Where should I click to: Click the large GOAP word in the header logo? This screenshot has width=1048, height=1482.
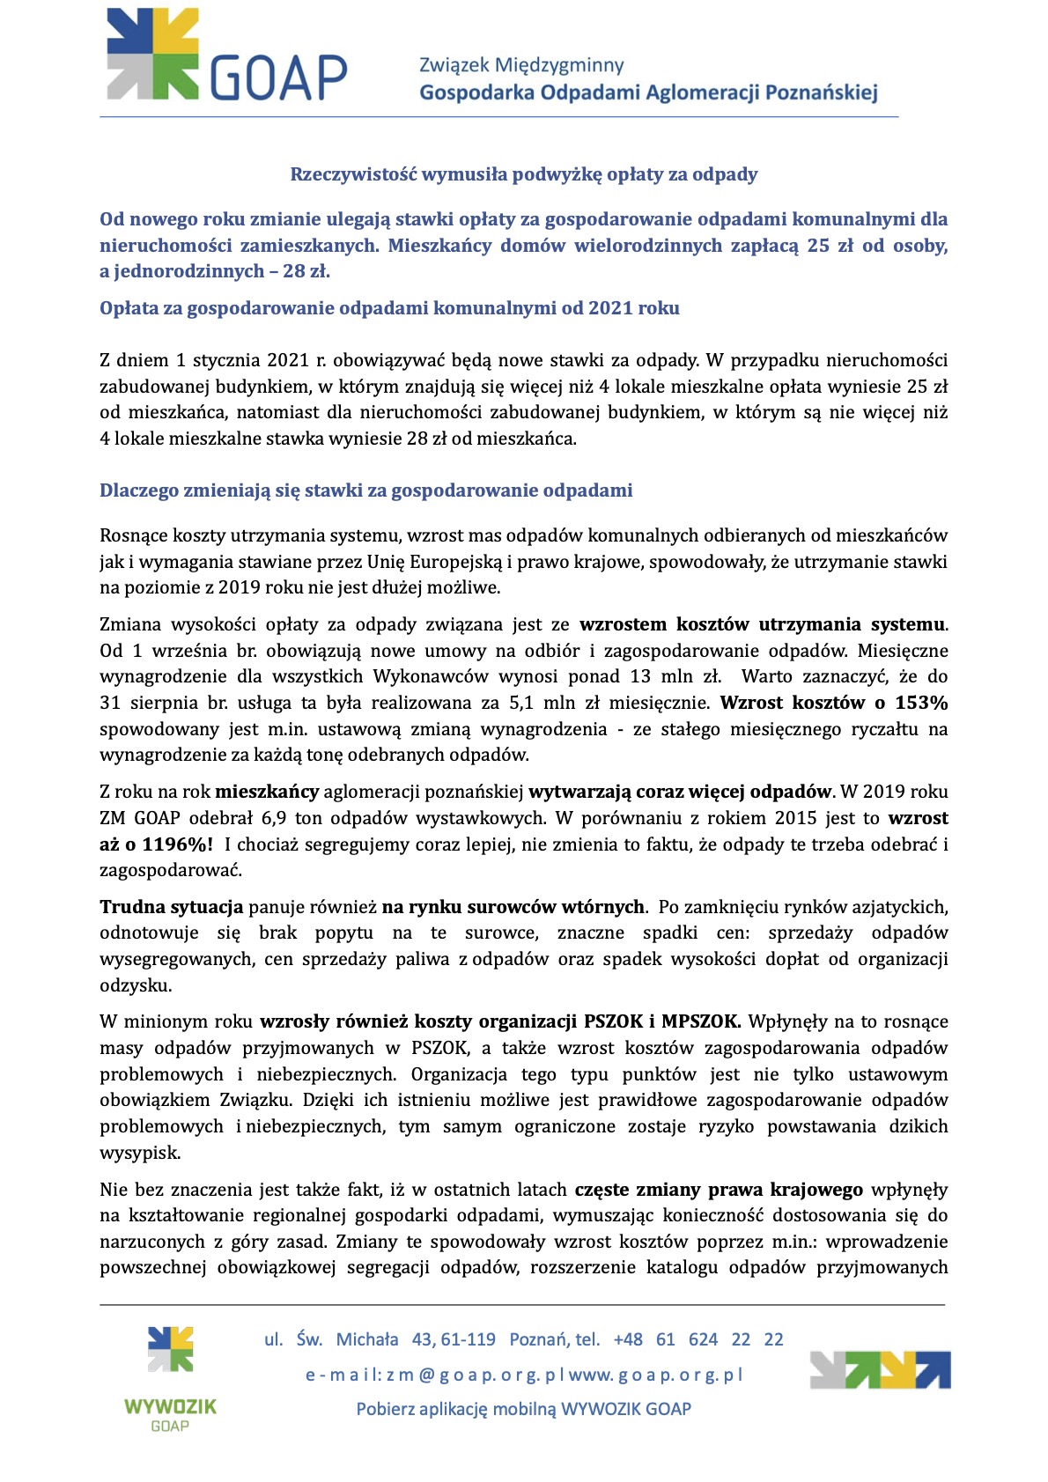(278, 77)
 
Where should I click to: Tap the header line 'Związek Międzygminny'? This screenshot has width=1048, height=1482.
(521, 65)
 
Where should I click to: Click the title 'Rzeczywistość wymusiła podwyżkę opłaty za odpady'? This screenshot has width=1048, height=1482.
(524, 174)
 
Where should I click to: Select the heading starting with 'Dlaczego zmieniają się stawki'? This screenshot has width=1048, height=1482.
(365, 490)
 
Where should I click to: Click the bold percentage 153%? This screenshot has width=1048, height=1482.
(921, 703)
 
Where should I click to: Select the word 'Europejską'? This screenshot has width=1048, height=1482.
(454, 562)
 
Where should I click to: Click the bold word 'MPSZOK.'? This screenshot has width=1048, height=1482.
(702, 1021)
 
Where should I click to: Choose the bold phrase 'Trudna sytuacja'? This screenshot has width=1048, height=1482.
(171, 907)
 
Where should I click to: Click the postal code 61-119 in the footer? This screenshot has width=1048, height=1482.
(469, 1339)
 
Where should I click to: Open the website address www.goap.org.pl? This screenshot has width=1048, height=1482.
(656, 1375)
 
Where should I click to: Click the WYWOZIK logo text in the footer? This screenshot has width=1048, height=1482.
(170, 1406)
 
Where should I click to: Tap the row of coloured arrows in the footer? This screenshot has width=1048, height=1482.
(880, 1370)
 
